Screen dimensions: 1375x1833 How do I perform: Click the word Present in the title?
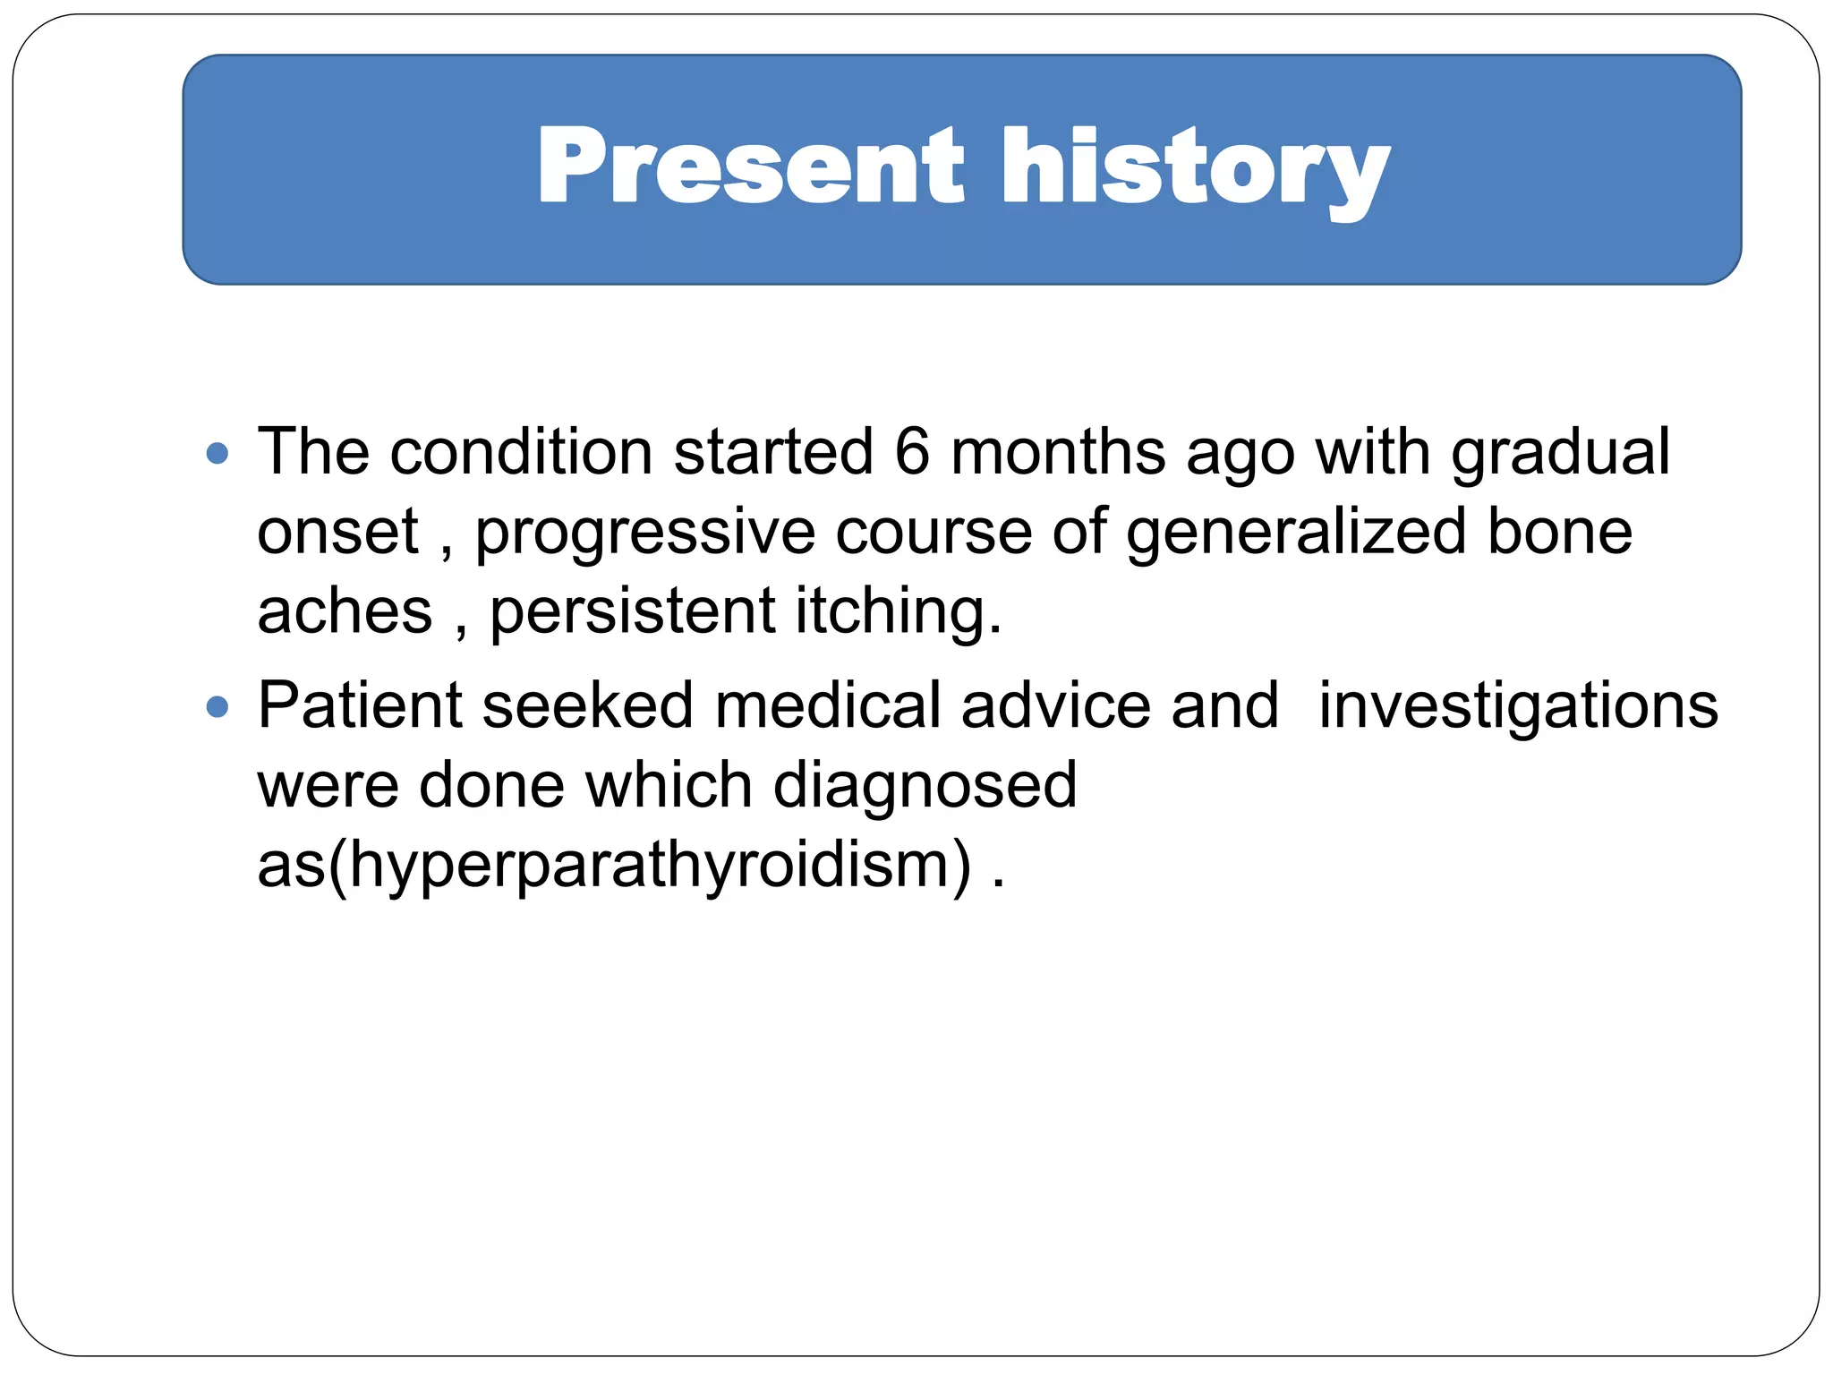tap(750, 167)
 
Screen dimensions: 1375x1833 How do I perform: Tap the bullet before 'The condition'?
tap(217, 453)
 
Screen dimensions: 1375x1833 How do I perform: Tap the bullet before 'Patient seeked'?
tap(217, 708)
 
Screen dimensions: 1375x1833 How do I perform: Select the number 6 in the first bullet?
tap(912, 451)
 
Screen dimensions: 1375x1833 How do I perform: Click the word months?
tap(1058, 451)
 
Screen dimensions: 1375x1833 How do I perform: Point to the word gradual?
tap(1560, 453)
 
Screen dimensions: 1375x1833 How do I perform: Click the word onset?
tap(337, 532)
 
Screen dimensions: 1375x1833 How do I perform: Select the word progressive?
tap(644, 534)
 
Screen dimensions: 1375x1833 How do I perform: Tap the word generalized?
tap(1295, 534)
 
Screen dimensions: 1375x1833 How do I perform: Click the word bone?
tap(1559, 532)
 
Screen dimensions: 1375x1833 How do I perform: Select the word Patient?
tap(359, 705)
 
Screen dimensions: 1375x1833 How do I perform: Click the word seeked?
tap(587, 705)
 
